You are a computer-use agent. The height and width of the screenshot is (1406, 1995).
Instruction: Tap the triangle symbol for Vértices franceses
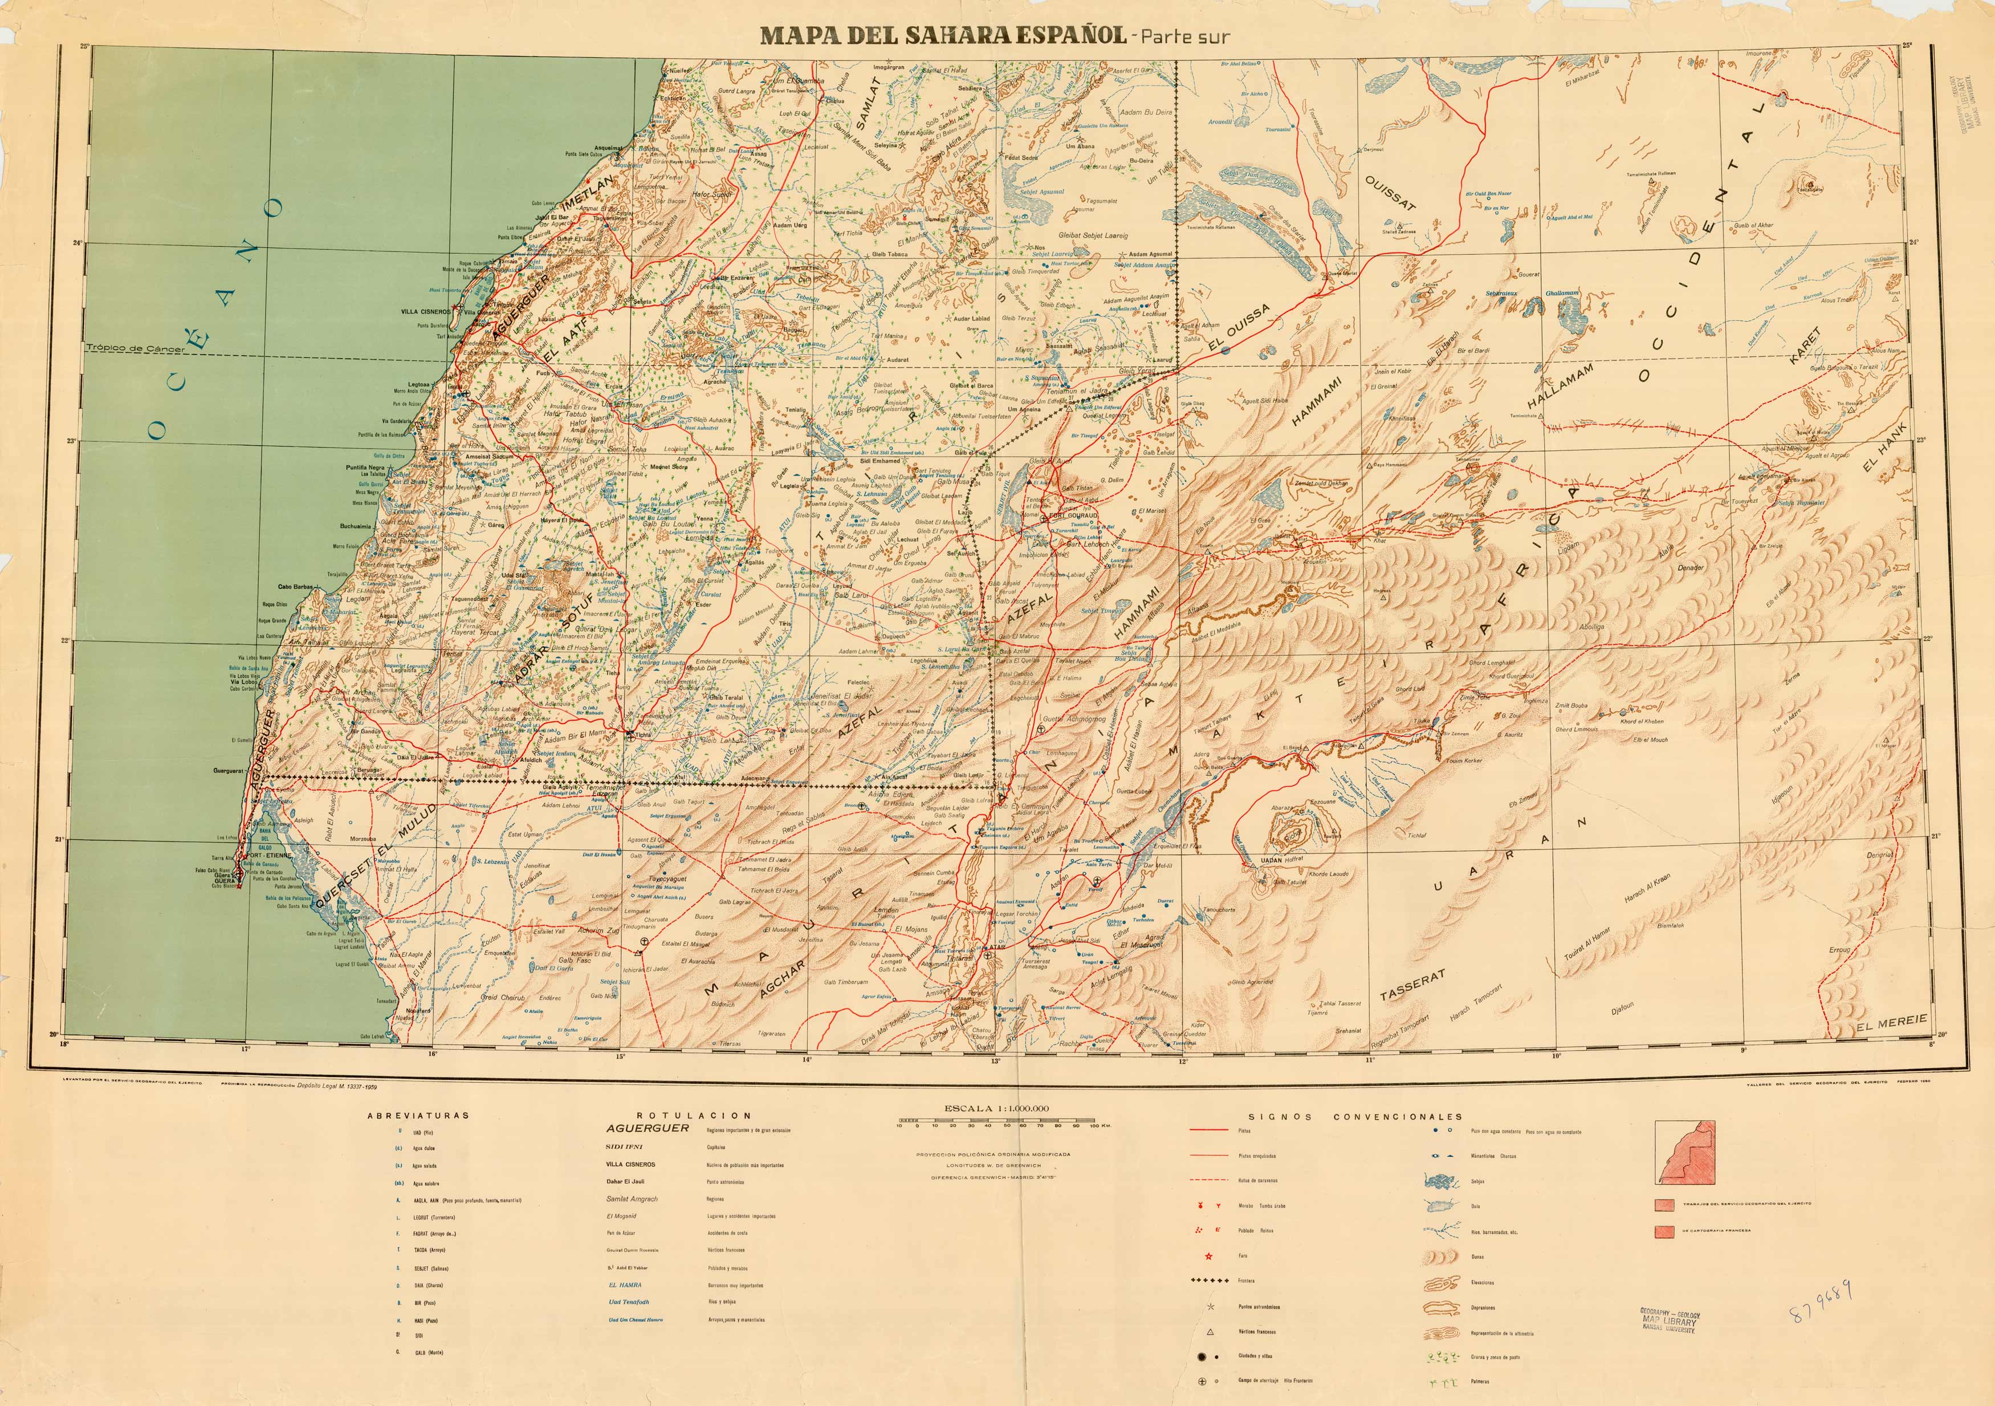coord(1210,1331)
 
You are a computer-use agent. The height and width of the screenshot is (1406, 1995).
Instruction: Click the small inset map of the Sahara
coord(1685,1151)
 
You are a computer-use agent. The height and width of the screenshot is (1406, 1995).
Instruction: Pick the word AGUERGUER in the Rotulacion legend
coord(648,1128)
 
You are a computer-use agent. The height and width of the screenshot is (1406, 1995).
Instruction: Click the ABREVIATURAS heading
coord(418,1115)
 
